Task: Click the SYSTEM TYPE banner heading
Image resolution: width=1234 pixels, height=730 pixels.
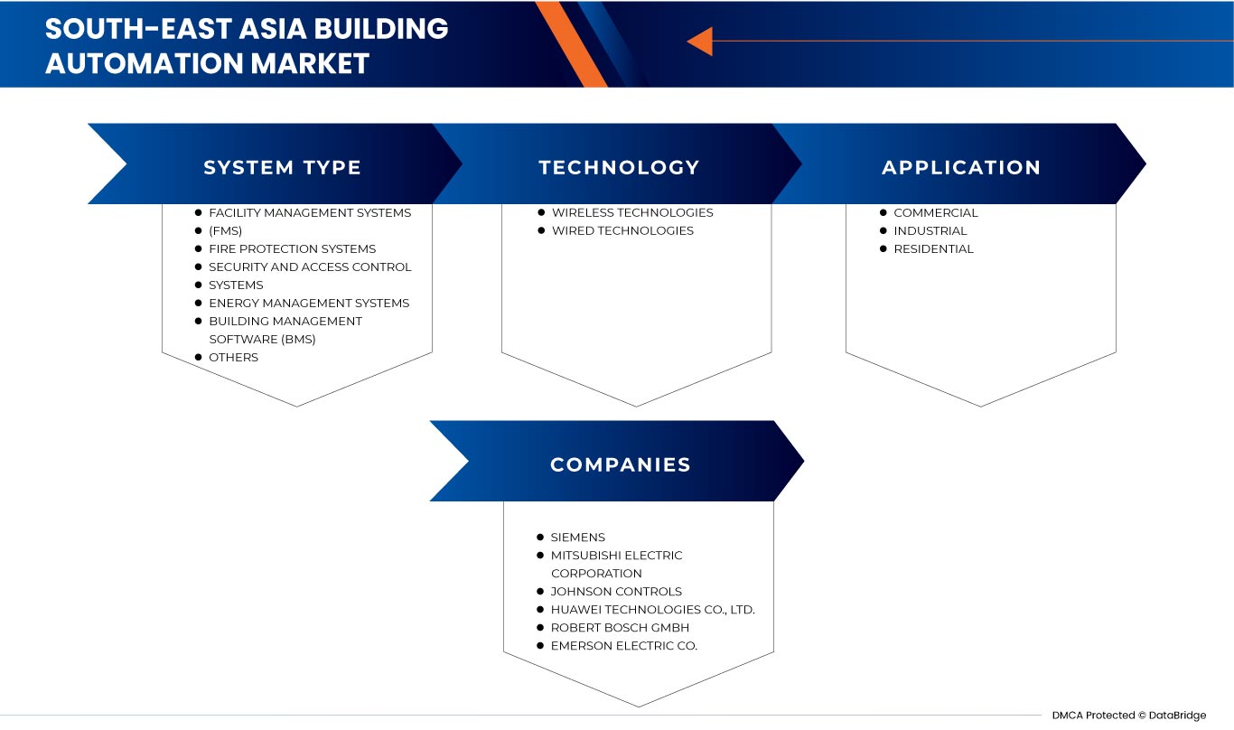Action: (x=282, y=168)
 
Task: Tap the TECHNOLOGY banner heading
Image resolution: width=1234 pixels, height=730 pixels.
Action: (x=619, y=168)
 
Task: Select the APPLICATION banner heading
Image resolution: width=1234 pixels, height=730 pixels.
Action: (x=961, y=168)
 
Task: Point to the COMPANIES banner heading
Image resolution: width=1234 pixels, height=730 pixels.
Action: (x=620, y=465)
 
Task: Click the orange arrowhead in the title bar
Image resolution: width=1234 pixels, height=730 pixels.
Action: (x=700, y=41)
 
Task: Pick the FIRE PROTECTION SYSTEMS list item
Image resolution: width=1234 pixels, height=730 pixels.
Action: (x=292, y=248)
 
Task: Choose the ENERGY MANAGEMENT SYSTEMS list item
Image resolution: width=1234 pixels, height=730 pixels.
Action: (x=309, y=303)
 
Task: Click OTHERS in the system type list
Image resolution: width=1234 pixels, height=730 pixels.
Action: (x=233, y=357)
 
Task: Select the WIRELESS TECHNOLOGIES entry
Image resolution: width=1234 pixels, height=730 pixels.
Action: (x=632, y=212)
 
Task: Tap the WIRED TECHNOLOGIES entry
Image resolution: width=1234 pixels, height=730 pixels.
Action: (x=622, y=230)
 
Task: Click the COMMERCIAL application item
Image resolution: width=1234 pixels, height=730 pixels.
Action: (x=936, y=212)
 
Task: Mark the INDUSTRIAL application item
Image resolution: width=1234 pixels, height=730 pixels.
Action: (x=930, y=230)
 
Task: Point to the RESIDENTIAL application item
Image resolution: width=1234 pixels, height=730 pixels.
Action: (x=934, y=248)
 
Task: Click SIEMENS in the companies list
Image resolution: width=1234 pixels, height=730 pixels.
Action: (x=578, y=537)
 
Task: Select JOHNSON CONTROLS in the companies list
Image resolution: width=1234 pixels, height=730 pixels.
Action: (x=616, y=591)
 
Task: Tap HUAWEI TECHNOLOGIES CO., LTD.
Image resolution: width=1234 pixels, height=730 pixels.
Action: (x=652, y=609)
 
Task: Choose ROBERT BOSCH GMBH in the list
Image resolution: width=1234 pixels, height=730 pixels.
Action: (x=620, y=627)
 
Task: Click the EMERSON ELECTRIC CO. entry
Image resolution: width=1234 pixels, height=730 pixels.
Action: (x=624, y=645)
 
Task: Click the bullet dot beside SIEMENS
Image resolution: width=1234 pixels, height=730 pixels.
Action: (x=540, y=537)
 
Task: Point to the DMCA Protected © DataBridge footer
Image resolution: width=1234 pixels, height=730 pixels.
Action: (x=1128, y=716)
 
